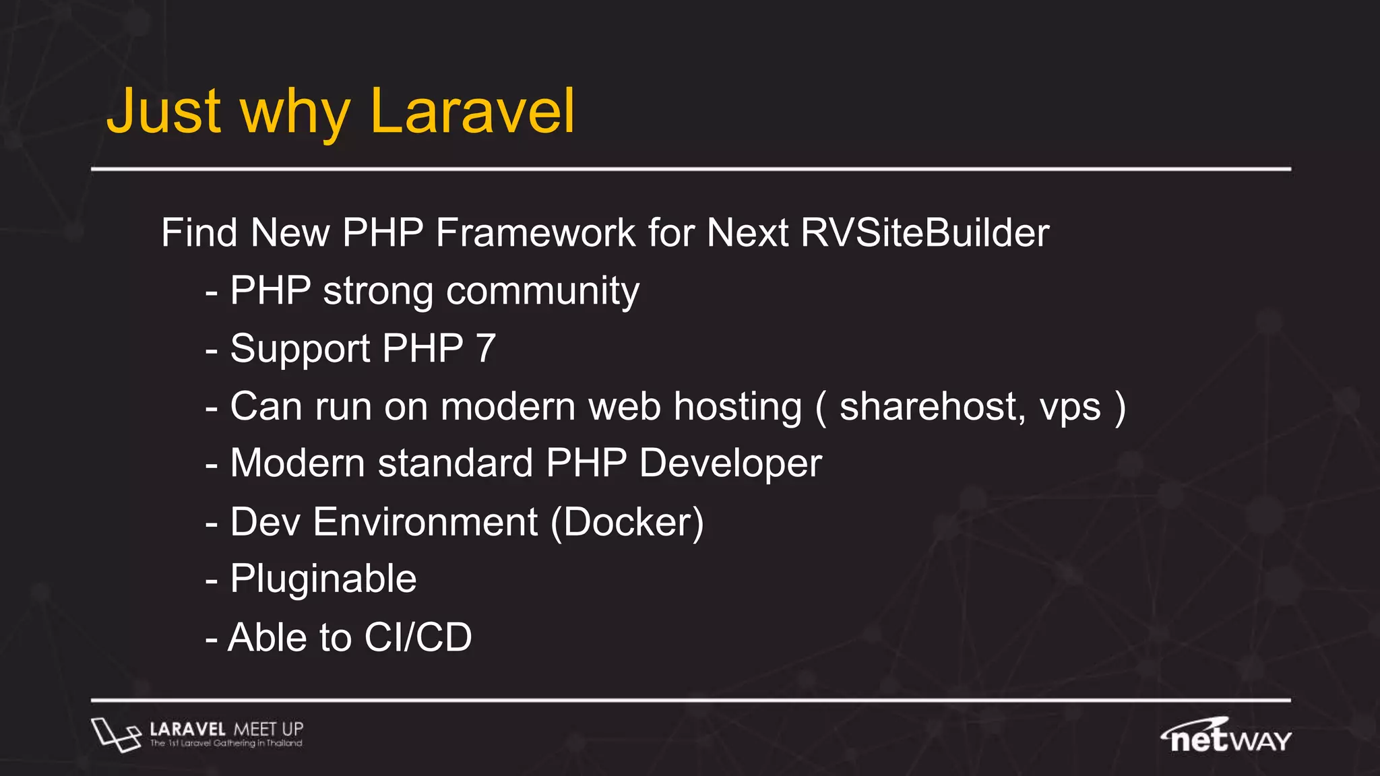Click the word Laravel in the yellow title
(x=472, y=112)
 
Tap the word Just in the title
(x=164, y=112)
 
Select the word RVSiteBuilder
(x=924, y=233)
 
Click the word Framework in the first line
(x=535, y=233)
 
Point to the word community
(x=542, y=292)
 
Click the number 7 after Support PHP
(x=485, y=349)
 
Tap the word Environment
(x=425, y=523)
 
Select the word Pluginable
(x=323, y=580)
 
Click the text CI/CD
(x=418, y=637)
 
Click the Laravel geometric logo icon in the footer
(x=115, y=735)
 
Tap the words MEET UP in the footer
(x=268, y=730)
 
